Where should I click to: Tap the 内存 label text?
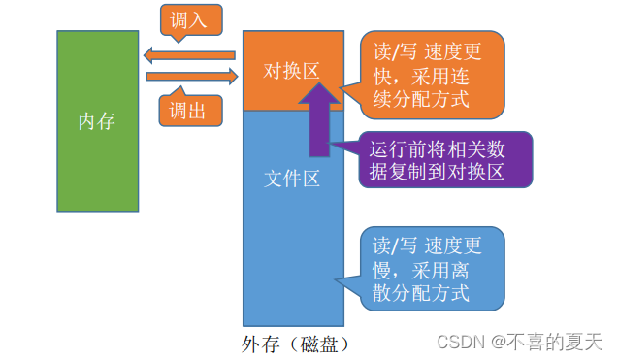pyautogui.click(x=97, y=121)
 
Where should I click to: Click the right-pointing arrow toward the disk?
pyautogui.click(x=191, y=75)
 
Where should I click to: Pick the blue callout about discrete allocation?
pyautogui.click(x=427, y=268)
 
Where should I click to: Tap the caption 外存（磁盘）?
pyautogui.click(x=294, y=344)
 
